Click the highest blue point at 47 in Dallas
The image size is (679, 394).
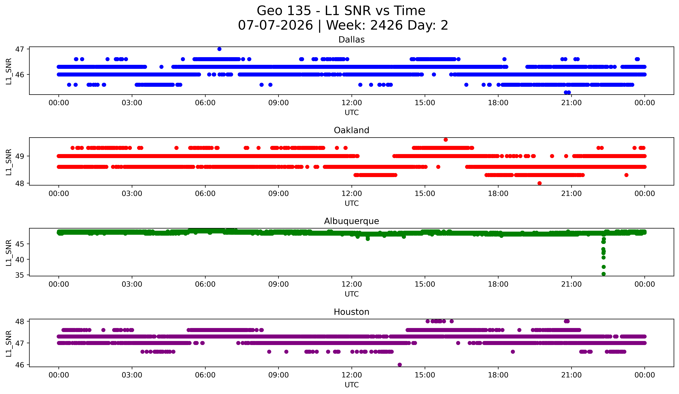click(x=219, y=49)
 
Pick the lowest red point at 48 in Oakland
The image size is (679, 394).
click(x=539, y=183)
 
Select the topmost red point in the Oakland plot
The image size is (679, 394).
click(x=446, y=140)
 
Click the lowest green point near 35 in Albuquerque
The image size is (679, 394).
click(x=603, y=274)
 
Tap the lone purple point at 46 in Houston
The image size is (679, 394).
click(x=400, y=365)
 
